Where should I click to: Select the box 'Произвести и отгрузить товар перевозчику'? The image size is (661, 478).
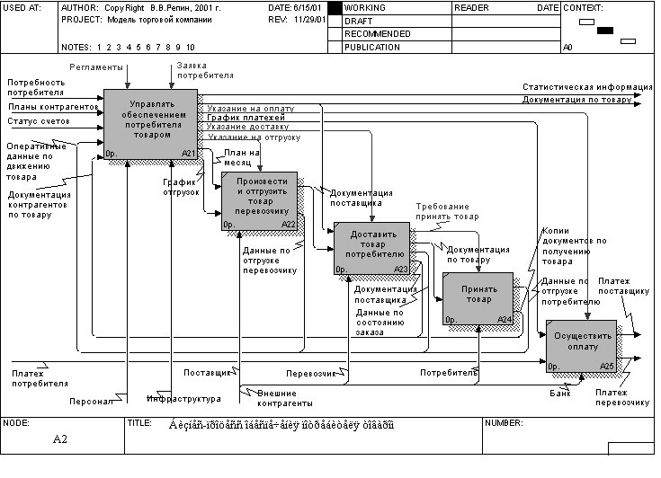tap(259, 199)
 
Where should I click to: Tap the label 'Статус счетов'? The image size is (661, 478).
tap(39, 121)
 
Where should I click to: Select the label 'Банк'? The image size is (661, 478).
tap(559, 393)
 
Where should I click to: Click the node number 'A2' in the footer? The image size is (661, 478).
tap(60, 439)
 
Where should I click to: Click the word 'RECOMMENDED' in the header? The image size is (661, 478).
tap(378, 33)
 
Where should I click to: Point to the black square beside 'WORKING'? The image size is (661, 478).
tap(335, 8)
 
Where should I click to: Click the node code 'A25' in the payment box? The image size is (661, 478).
tap(607, 367)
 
